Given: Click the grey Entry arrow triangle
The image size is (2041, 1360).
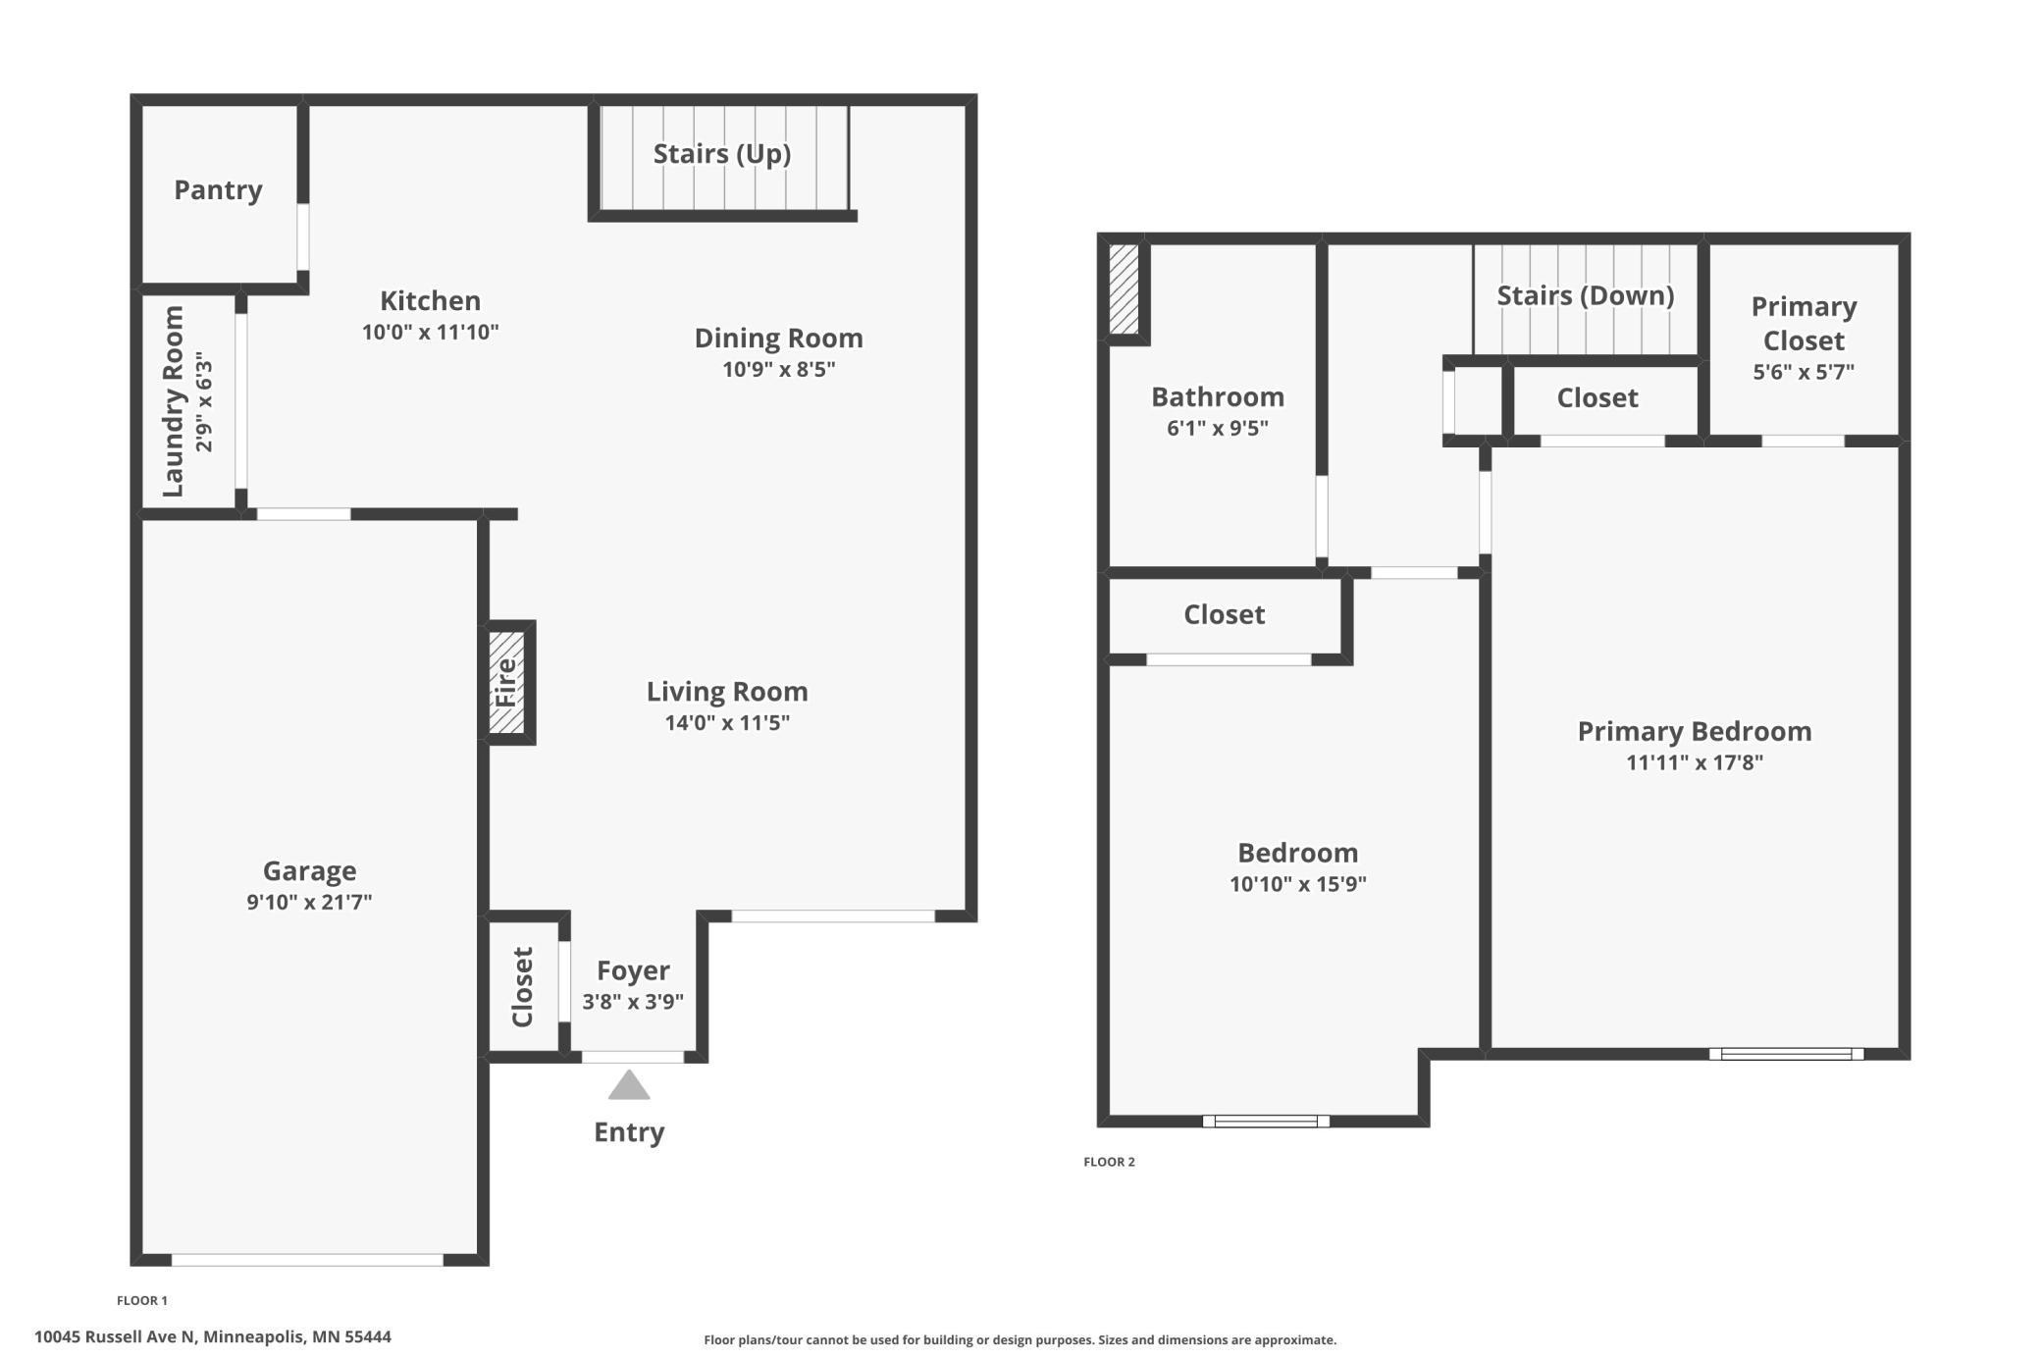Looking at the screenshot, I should pos(629,1086).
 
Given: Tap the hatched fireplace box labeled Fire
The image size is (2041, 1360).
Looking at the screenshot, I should pos(506,682).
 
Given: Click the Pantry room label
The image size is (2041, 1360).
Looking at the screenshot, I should pos(218,189).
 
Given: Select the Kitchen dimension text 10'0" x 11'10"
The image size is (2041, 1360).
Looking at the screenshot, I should pos(430,332).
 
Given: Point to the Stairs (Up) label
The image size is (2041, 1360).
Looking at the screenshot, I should pos(722,153).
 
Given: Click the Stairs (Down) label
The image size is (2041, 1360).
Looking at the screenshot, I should pos(1585,295).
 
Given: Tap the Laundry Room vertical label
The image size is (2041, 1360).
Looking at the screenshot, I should pos(174,401).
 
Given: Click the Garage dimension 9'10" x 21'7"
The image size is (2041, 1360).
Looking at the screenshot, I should pos(309,902).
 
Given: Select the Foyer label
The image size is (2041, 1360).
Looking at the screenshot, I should pos(633,970).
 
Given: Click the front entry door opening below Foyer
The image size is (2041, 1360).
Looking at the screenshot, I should pos(633,1057).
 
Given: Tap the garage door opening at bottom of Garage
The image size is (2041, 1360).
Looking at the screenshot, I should pos(307,1260).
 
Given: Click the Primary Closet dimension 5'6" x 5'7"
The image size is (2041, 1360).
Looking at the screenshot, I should pos(1804,372).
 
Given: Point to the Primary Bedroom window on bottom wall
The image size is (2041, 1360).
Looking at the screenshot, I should pos(1786,1054).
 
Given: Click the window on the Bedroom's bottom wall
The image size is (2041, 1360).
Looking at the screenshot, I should pos(1266,1121).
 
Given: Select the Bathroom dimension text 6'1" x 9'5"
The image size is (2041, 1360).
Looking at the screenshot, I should pos(1217,428).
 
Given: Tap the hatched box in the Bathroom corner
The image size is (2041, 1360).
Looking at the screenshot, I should pos(1124,289).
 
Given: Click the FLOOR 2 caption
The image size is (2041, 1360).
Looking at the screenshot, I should pos(1109,1162).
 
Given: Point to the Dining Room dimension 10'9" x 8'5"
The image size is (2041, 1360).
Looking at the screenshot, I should pos(778,369).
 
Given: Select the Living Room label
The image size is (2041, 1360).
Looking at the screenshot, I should pos(727,692).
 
